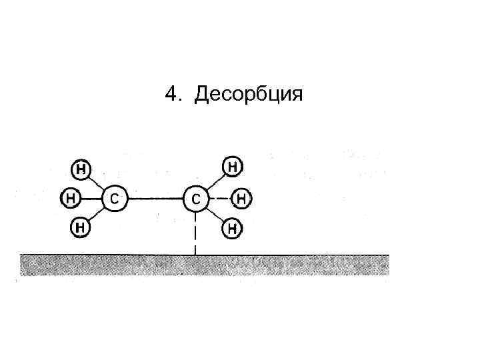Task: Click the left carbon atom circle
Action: [114, 198]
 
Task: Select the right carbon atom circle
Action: [195, 198]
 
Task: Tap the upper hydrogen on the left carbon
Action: [81, 169]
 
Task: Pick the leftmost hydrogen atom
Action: [71, 198]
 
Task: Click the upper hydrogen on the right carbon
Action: [231, 167]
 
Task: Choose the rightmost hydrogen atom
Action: [242, 198]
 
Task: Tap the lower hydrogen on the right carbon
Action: [232, 229]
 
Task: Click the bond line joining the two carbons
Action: [155, 198]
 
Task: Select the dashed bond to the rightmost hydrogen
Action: [219, 198]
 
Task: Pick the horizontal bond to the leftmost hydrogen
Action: [91, 198]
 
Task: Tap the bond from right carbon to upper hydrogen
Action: [213, 182]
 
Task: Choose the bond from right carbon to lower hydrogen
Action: [214, 214]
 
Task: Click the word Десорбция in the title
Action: [248, 95]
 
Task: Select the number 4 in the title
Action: [171, 95]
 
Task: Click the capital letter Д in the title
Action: [201, 95]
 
